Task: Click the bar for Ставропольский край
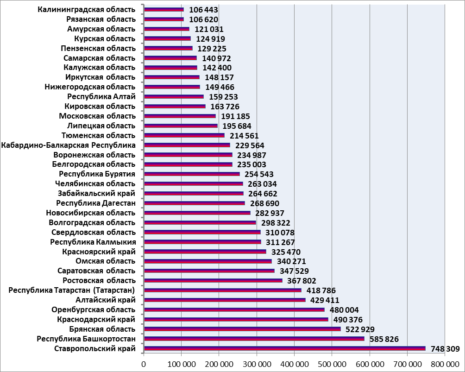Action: click(x=284, y=348)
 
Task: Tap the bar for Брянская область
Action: click(x=242, y=329)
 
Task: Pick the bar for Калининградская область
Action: click(x=164, y=10)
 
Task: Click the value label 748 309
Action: click(x=445, y=348)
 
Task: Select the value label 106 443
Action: click(x=204, y=10)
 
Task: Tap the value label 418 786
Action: click(x=321, y=290)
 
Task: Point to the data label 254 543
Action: click(x=259, y=174)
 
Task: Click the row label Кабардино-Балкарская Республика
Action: click(x=69, y=145)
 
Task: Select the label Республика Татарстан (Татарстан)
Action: click(x=72, y=290)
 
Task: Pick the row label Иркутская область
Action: click(x=101, y=77)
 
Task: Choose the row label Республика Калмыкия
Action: click(x=93, y=242)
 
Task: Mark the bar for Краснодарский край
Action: click(x=236, y=319)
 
